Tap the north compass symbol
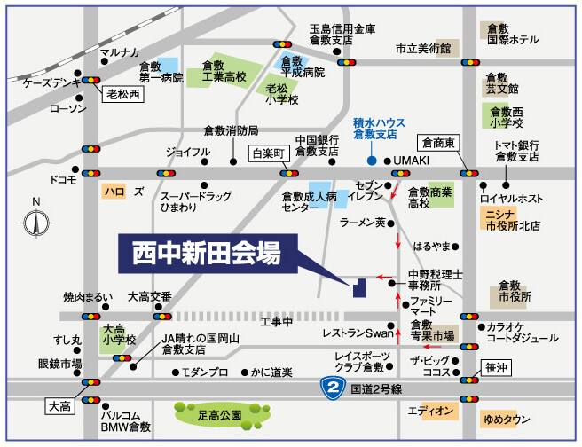(x=35, y=223)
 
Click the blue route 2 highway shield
(x=331, y=388)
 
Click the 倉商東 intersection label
(x=438, y=143)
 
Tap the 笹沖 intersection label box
(x=498, y=365)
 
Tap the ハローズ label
(x=122, y=191)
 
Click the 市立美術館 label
(x=423, y=48)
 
